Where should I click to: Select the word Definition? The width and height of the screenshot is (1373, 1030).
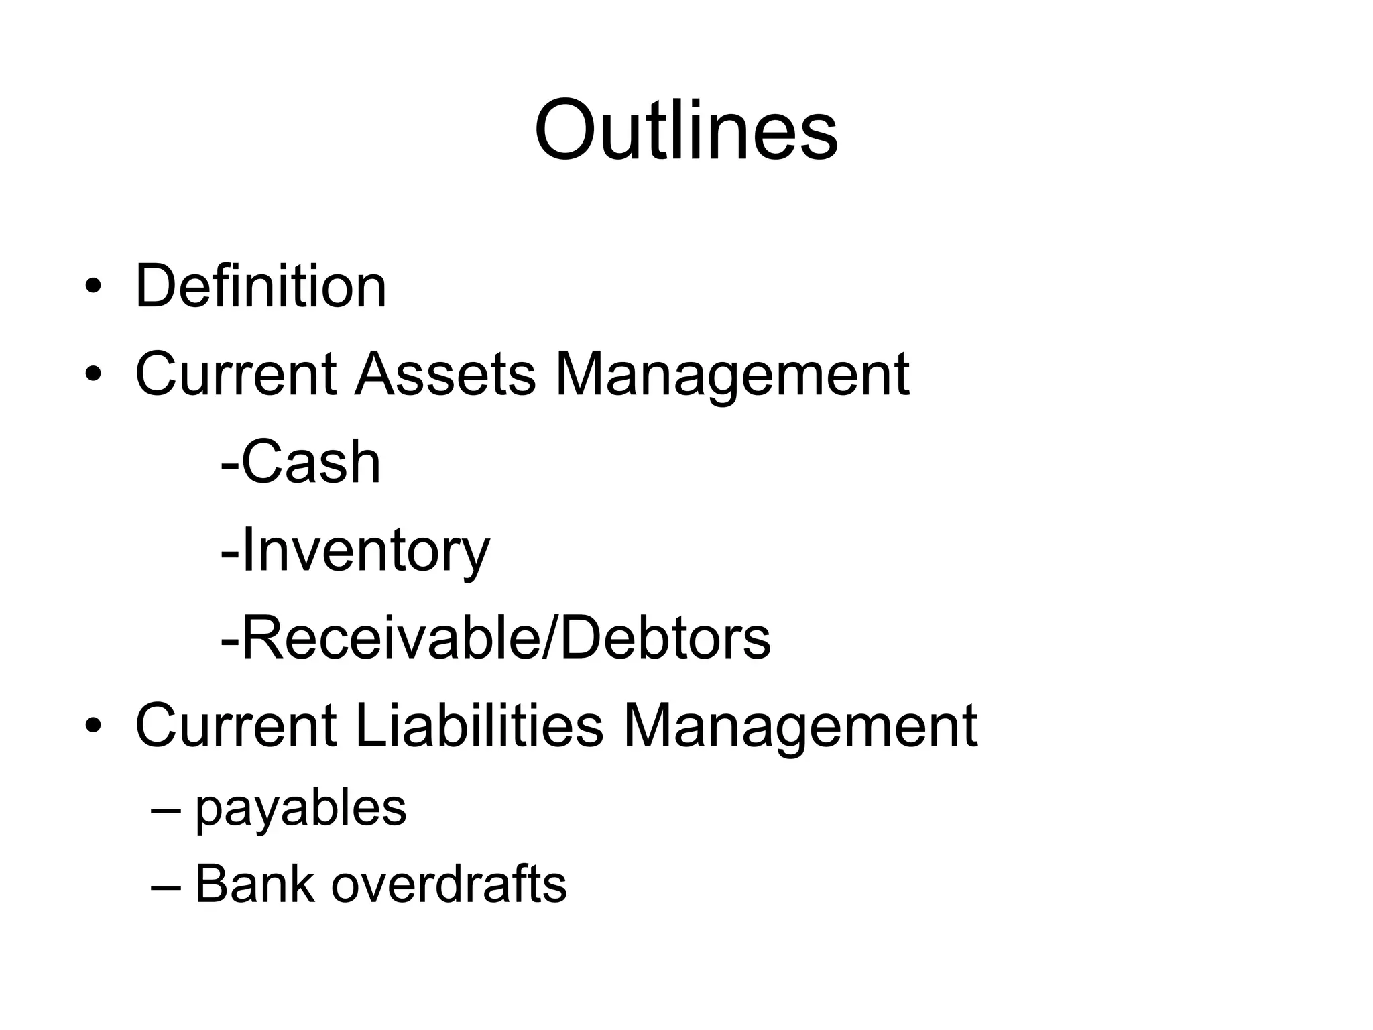(x=261, y=287)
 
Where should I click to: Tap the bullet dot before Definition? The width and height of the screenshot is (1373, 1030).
(x=93, y=288)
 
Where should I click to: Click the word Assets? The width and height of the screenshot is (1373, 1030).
(x=445, y=374)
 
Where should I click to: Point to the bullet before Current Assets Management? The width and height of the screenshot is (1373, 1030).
(x=93, y=374)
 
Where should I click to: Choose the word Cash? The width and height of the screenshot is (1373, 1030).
(x=311, y=462)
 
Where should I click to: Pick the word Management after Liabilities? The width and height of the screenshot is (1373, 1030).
(x=800, y=727)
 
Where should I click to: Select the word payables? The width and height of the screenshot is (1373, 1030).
(x=300, y=809)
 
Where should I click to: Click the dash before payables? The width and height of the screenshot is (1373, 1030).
(x=166, y=810)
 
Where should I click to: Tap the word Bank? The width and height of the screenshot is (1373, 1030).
(x=254, y=884)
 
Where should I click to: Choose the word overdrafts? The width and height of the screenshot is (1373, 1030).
(x=449, y=884)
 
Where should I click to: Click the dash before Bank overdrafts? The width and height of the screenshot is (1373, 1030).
(x=166, y=886)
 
